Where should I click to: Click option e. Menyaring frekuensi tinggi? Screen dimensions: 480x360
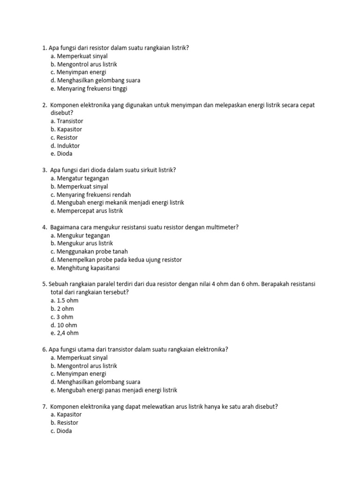tap(89, 88)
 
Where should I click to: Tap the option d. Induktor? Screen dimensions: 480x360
tap(65, 146)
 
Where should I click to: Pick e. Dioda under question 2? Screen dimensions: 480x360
tap(61, 154)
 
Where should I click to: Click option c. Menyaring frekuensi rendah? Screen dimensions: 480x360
tap(90, 195)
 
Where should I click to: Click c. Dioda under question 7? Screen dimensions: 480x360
tap(61, 431)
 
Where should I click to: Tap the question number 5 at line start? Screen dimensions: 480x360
tap(44, 284)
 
